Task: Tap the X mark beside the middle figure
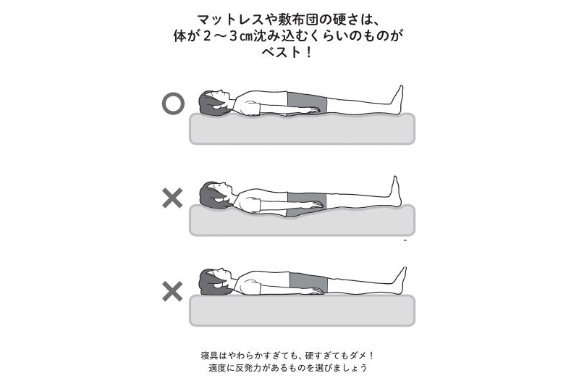tap(172, 198)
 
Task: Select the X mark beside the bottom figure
tap(172, 291)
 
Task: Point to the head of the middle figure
tap(214, 195)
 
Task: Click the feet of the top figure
tap(397, 99)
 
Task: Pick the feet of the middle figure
tap(395, 191)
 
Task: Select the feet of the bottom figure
tap(400, 281)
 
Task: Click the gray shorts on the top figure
tap(307, 104)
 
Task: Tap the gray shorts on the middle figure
tap(307, 204)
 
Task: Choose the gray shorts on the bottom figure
tap(309, 284)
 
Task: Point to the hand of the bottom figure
tap(315, 291)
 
